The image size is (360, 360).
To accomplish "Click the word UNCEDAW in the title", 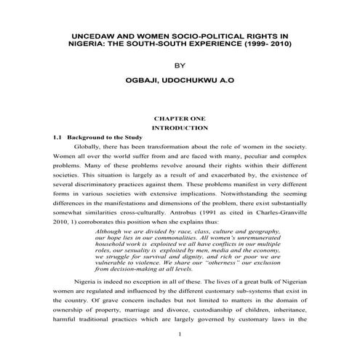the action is (x=89, y=34).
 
